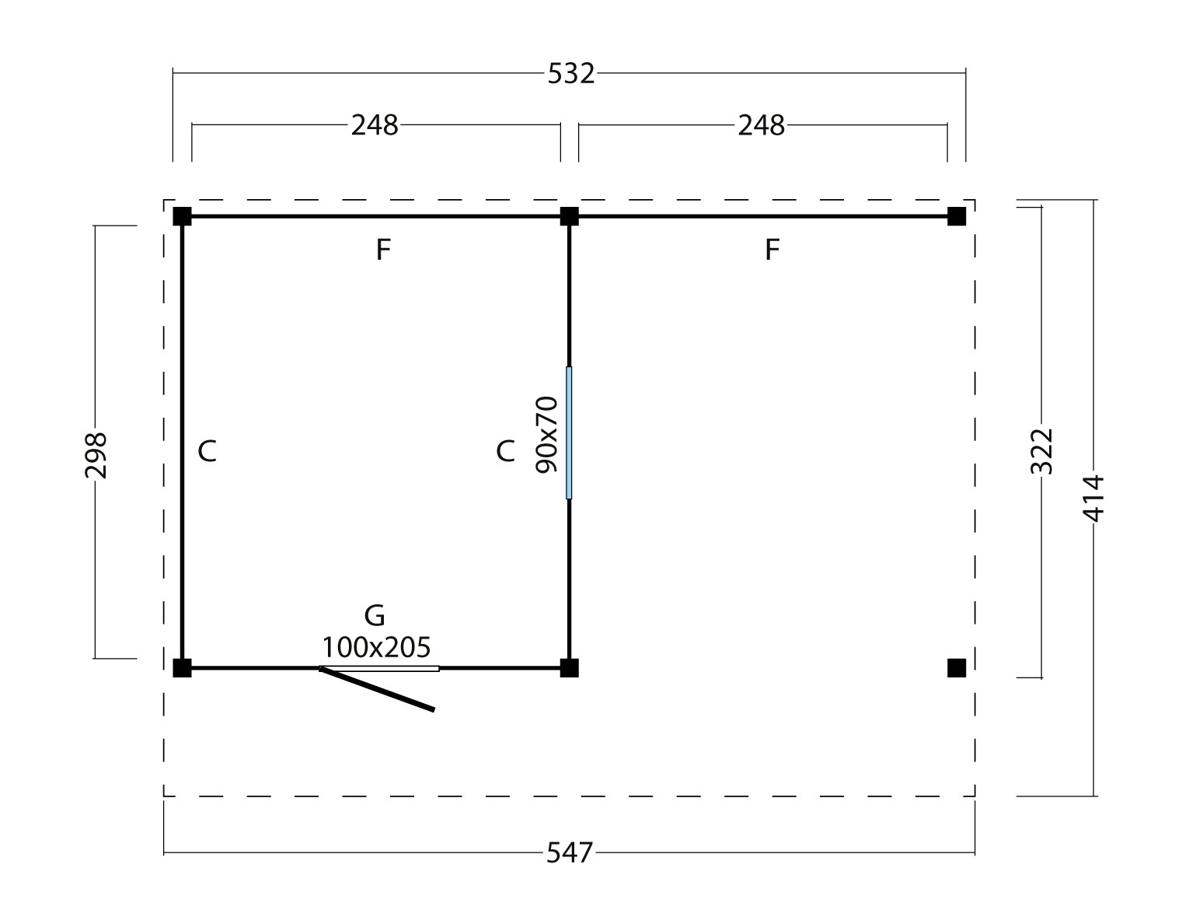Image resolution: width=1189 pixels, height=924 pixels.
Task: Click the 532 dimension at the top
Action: pos(571,73)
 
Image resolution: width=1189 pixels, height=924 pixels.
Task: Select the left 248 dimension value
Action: pos(375,124)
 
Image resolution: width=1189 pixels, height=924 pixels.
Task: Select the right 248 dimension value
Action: pos(762,124)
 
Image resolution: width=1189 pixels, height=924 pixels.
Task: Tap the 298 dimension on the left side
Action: pos(96,455)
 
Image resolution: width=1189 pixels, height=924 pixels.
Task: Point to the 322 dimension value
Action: pos(1041,451)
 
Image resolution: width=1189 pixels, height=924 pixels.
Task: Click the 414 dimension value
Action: pos(1093,498)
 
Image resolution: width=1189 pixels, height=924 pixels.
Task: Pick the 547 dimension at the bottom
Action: pos(570,853)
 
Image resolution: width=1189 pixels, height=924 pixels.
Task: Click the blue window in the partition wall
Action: pos(569,432)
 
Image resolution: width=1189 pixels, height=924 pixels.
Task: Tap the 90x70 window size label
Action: pos(547,435)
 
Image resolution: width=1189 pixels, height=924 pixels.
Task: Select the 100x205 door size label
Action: pos(376,647)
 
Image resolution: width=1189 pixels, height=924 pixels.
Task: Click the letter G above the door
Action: pos(375,616)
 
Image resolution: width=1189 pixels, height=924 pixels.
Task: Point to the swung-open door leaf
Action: pos(378,689)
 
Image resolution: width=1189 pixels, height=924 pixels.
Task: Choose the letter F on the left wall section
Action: pos(382,250)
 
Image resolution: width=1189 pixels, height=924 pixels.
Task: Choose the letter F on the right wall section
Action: pos(772,250)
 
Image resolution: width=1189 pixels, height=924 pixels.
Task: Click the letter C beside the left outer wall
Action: pos(207,450)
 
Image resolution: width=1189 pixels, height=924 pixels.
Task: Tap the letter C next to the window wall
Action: pos(505,450)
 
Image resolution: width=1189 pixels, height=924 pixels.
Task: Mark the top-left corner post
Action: pos(182,216)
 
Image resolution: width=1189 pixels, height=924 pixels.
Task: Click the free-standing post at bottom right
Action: pos(957,667)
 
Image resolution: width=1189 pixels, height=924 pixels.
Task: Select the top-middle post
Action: pos(570,216)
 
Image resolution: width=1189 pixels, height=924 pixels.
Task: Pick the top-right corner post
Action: pos(957,216)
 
